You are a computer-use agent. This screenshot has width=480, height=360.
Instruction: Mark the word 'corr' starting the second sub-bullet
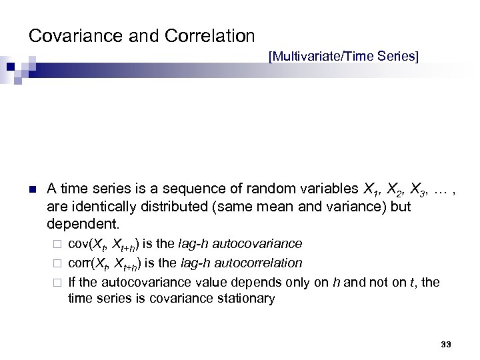[78, 263]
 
